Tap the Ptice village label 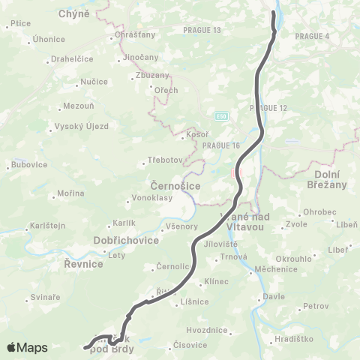pos(20,24)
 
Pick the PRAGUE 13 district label pos(202,30)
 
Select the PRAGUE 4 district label pos(312,35)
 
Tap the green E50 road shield pos(221,116)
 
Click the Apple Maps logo pos(27,347)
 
